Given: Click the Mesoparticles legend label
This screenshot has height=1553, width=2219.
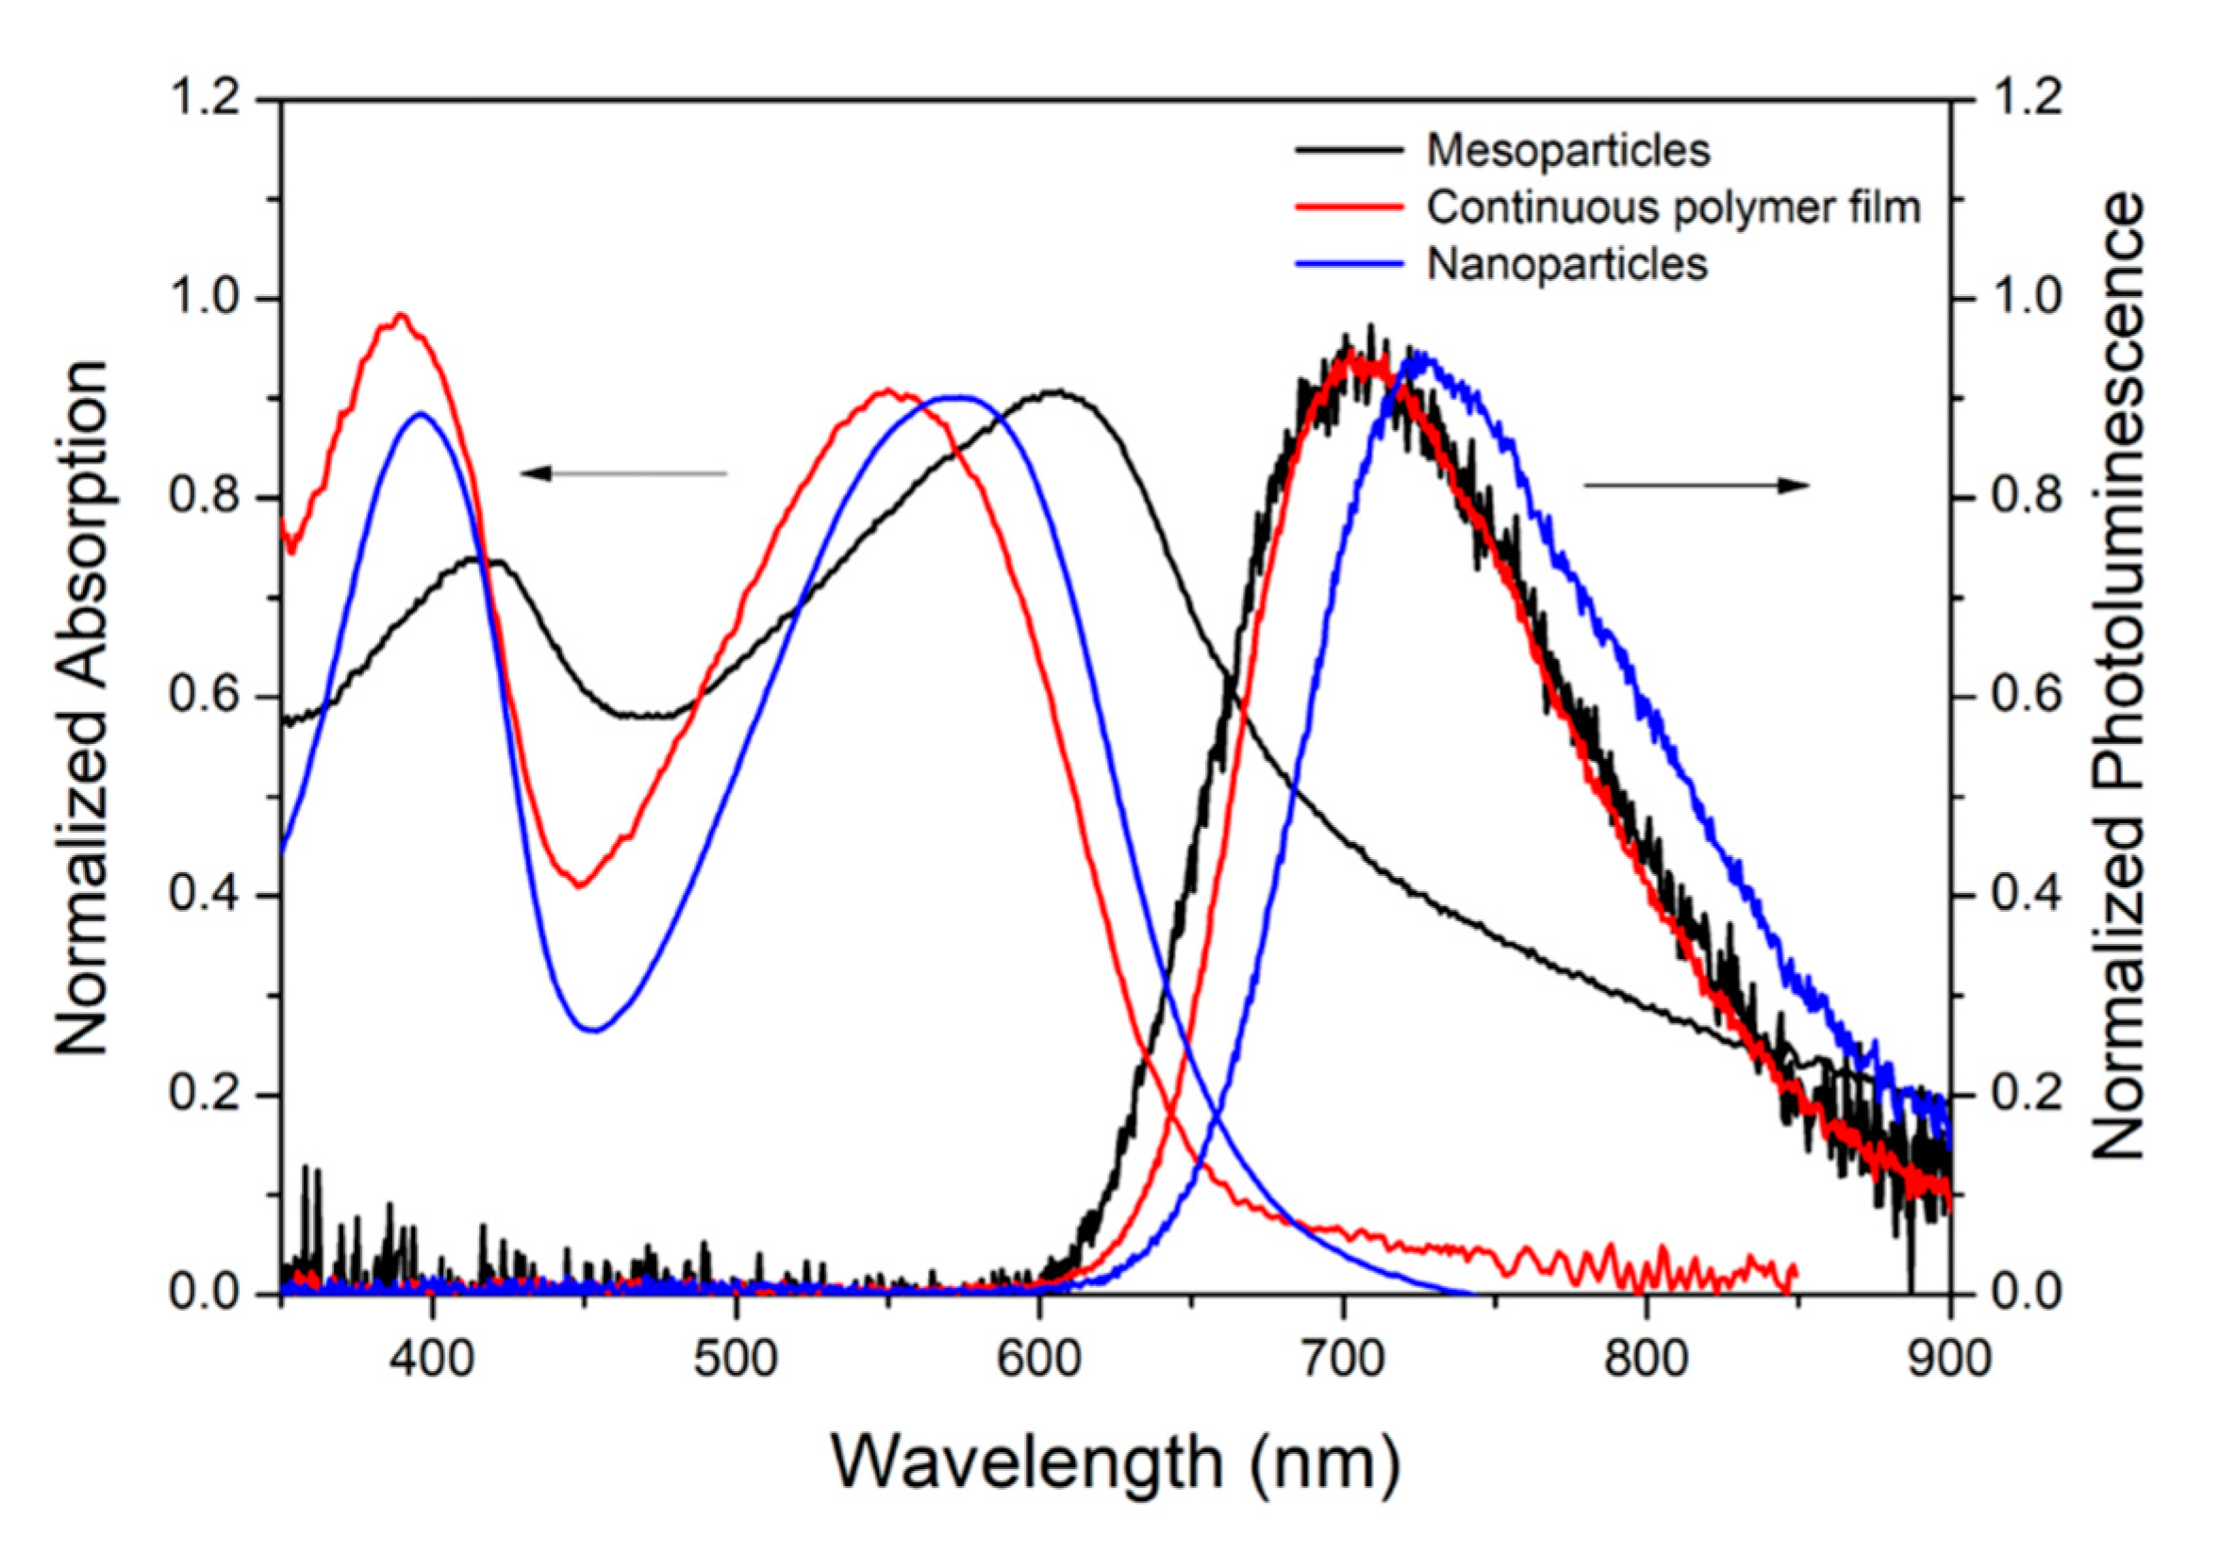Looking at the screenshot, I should (x=1567, y=151).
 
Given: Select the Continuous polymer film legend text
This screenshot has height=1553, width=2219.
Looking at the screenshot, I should (x=1673, y=207).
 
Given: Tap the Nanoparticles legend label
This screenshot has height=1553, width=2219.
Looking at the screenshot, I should (x=1566, y=264).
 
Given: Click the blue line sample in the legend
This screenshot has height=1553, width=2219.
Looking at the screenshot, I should (x=1349, y=264).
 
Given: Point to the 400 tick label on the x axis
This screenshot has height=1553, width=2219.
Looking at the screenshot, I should (x=432, y=1358).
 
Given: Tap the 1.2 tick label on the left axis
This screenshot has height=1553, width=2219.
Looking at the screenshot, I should (x=204, y=99).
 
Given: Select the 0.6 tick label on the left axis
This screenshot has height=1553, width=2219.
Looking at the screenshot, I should (x=204, y=696).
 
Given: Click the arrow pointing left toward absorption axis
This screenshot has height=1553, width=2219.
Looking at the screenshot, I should (x=622, y=473).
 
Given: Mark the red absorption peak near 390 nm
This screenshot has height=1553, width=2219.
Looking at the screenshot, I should (x=399, y=315).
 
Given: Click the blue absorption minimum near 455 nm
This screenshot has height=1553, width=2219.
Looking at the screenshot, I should (x=593, y=1031).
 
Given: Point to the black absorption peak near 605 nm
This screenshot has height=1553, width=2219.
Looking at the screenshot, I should (x=1058, y=392).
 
